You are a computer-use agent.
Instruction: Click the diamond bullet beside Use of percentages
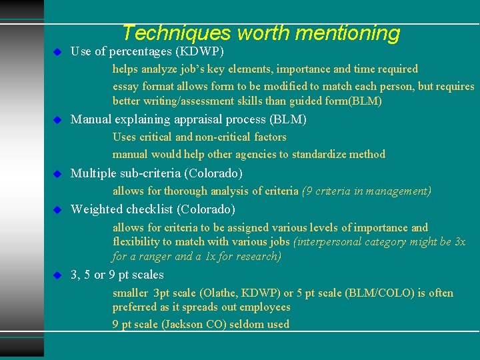click(57, 51)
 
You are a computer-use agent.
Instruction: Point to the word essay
click(126, 86)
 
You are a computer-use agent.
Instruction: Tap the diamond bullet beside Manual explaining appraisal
click(57, 120)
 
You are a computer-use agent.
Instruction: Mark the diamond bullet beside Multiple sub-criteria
click(57, 173)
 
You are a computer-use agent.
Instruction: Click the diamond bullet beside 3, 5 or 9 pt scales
click(57, 275)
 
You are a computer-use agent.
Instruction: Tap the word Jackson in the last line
click(179, 325)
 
